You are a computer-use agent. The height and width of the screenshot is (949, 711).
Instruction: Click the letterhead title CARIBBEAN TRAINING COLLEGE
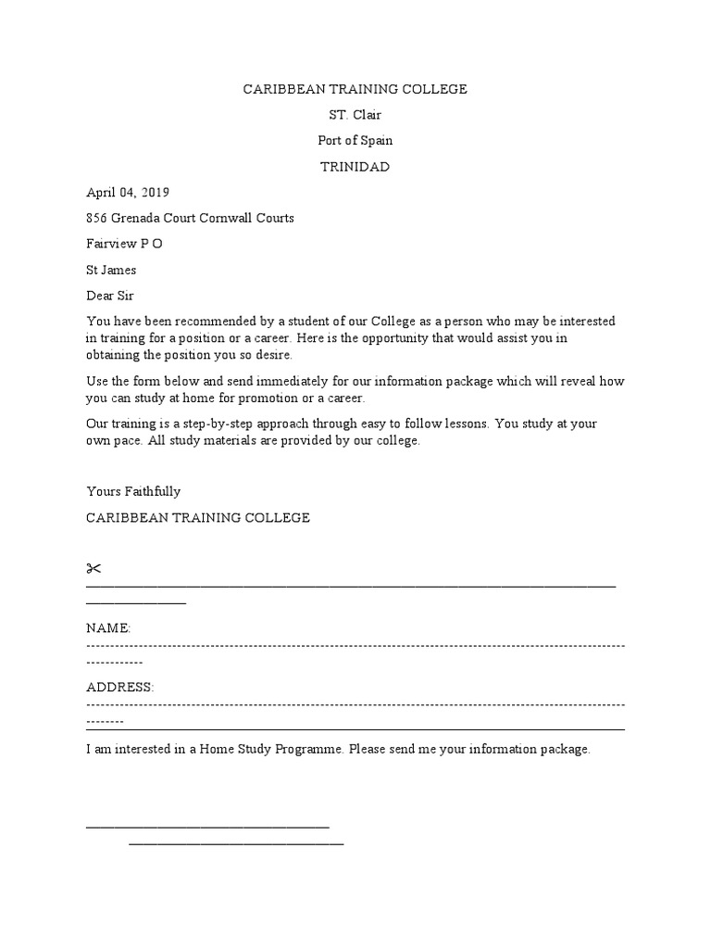pos(355,89)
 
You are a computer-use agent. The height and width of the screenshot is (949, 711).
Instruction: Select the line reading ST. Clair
pos(355,115)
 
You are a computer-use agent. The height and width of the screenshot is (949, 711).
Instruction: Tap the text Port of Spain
pos(355,141)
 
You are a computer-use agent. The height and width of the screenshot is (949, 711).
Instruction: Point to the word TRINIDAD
pos(355,167)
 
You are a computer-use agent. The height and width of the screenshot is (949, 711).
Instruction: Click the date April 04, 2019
pos(128,193)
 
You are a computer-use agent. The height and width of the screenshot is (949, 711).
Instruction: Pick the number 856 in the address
pos(96,219)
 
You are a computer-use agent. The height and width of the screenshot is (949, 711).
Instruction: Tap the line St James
pos(111,271)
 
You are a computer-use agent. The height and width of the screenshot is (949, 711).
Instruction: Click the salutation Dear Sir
pos(110,296)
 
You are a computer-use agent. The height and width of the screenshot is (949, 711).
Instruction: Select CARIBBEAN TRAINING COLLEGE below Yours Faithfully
pos(198,517)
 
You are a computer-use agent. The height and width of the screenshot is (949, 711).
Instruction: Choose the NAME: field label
pos(108,628)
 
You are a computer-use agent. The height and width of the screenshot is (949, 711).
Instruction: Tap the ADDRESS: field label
pos(119,687)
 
